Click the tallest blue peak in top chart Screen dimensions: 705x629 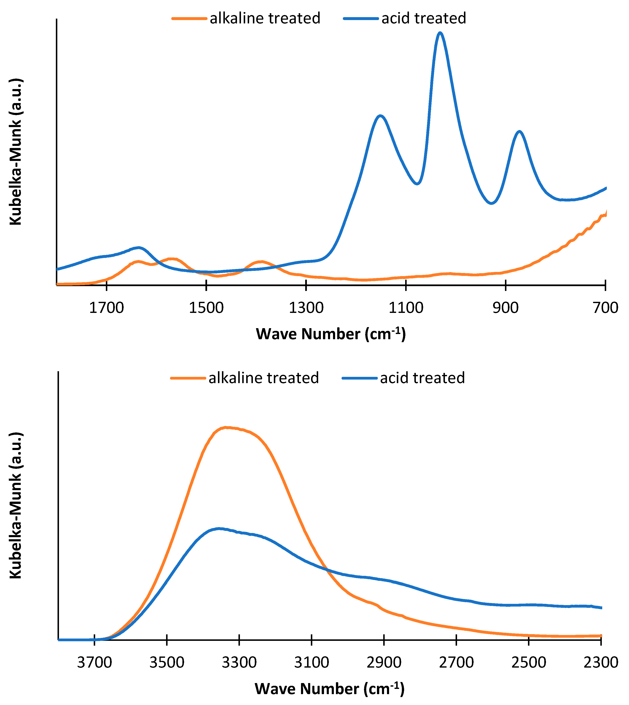(x=440, y=33)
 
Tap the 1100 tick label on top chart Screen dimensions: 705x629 (x=406, y=308)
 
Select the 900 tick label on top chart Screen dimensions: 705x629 (x=506, y=308)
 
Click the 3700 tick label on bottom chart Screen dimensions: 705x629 (x=94, y=663)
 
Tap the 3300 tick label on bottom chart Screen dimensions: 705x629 (x=239, y=663)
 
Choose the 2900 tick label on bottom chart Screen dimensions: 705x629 (x=384, y=663)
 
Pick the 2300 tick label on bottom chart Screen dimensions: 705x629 (x=601, y=663)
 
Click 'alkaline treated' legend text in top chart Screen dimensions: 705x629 (x=265, y=18)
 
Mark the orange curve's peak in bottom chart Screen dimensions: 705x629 (x=225, y=427)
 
